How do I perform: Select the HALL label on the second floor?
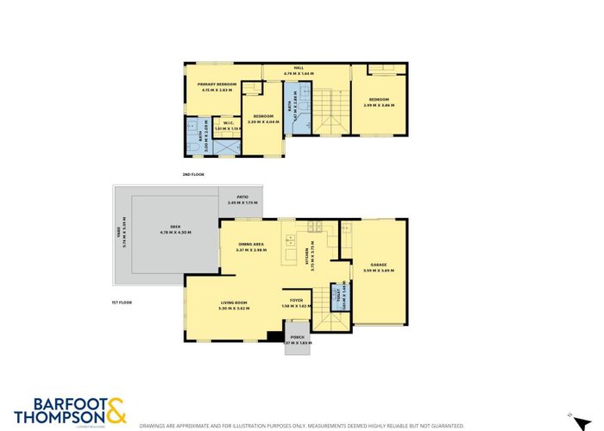[299, 69]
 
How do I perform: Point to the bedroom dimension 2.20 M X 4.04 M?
[264, 122]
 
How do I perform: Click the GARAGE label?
[378, 265]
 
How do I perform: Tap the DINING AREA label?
[253, 245]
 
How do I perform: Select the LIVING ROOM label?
[235, 303]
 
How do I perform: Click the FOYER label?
[296, 301]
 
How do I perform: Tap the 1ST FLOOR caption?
[121, 303]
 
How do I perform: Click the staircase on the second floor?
[328, 112]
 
